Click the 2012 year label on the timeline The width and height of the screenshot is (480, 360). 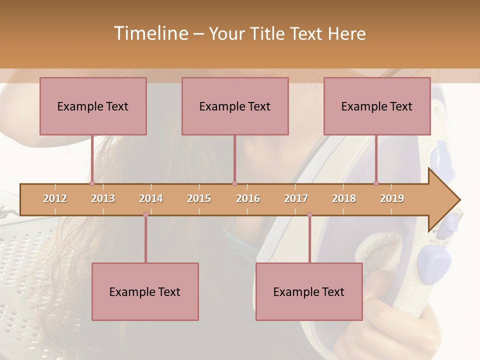(x=55, y=198)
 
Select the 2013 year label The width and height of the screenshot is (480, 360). (x=103, y=198)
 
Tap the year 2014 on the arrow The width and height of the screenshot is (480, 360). (x=151, y=198)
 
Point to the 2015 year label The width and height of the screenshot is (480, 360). (x=199, y=198)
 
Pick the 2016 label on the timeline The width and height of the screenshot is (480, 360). (x=248, y=198)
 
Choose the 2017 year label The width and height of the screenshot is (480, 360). (x=296, y=198)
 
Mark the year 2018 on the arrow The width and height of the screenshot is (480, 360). (x=344, y=198)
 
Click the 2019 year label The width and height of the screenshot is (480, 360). (x=392, y=198)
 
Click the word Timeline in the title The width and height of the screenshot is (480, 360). (x=150, y=33)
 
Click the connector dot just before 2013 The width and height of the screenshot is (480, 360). (x=92, y=183)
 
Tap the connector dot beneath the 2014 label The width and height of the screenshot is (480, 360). (x=145, y=215)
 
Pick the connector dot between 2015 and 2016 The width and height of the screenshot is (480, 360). (x=234, y=183)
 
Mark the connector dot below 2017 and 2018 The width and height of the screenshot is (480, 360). (x=309, y=215)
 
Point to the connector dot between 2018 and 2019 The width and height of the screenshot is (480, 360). (x=376, y=183)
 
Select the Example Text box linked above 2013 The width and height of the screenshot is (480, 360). (x=93, y=106)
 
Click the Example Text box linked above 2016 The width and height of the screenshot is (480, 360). (x=235, y=106)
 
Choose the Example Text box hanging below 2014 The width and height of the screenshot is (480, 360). (x=145, y=291)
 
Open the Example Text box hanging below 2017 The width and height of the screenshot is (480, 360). (x=309, y=291)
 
